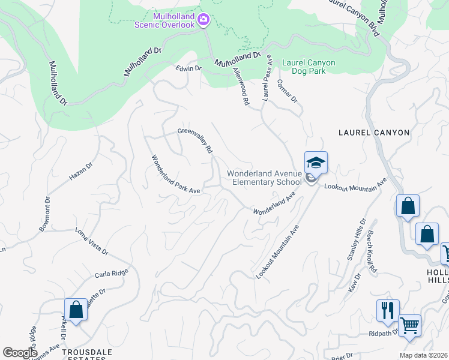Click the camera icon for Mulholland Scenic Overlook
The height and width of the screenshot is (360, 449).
pos(203,21)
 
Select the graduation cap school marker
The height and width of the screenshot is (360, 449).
pos(316,162)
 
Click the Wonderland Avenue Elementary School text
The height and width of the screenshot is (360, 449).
pos(264,178)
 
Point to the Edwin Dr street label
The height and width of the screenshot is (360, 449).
pos(188,68)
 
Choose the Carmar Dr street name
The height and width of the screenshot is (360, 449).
pos(288,92)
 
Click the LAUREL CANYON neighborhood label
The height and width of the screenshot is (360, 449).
pos(373,132)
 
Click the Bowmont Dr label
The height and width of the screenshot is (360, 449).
pos(45,214)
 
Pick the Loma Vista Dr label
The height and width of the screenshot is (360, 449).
pos(91,241)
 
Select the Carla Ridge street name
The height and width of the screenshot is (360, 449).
pos(111,274)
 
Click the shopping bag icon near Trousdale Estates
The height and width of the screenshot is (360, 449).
pos(76,311)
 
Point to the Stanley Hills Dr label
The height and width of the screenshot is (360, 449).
pos(355,239)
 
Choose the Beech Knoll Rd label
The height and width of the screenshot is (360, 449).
pos(372,251)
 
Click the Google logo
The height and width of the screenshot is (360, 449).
pos(20,353)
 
